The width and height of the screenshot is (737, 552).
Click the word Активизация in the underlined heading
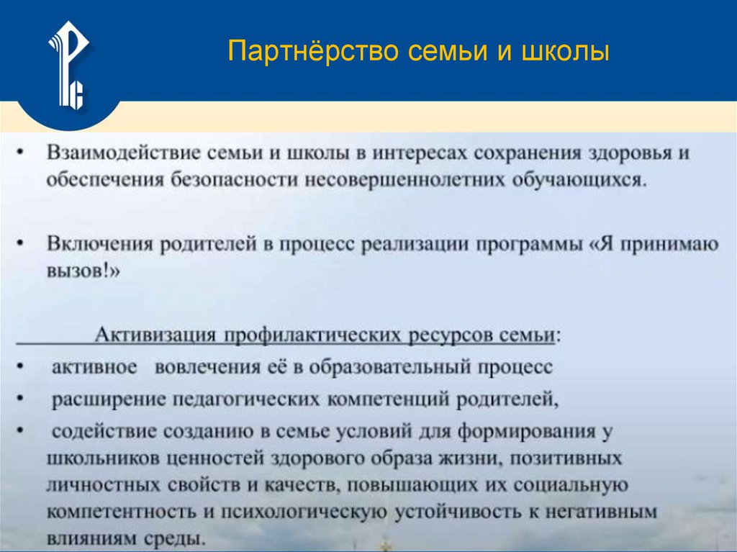[156, 335]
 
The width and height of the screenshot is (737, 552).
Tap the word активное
[94, 367]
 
